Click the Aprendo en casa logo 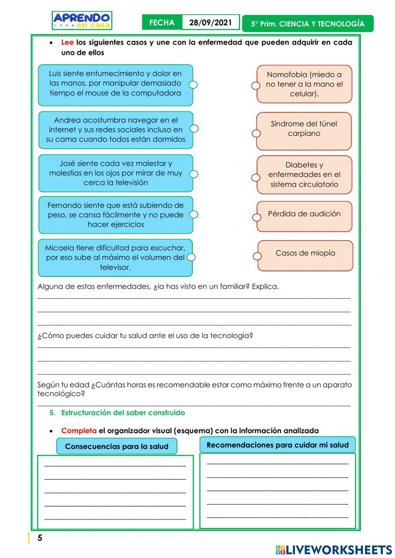pos(82,21)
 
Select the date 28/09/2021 pos(210,23)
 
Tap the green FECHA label pos(162,23)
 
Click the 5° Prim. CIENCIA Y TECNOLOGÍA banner pos(308,24)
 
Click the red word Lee pos(67,42)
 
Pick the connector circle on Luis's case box pos(193,85)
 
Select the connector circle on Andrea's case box pos(194,128)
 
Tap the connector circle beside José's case pos(194,174)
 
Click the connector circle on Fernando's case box pos(194,214)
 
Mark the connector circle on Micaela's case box pos(191,257)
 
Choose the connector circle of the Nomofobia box pos(256,85)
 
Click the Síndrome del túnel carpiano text pos(304,129)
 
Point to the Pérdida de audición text pos(304,214)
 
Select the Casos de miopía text pos(305,253)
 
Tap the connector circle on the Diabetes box pos(256,177)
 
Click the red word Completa pos(79,431)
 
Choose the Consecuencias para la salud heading pos(117,447)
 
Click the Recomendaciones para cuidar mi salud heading pos(277,445)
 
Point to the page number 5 pos(39,538)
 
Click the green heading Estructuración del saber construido pos(123,413)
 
